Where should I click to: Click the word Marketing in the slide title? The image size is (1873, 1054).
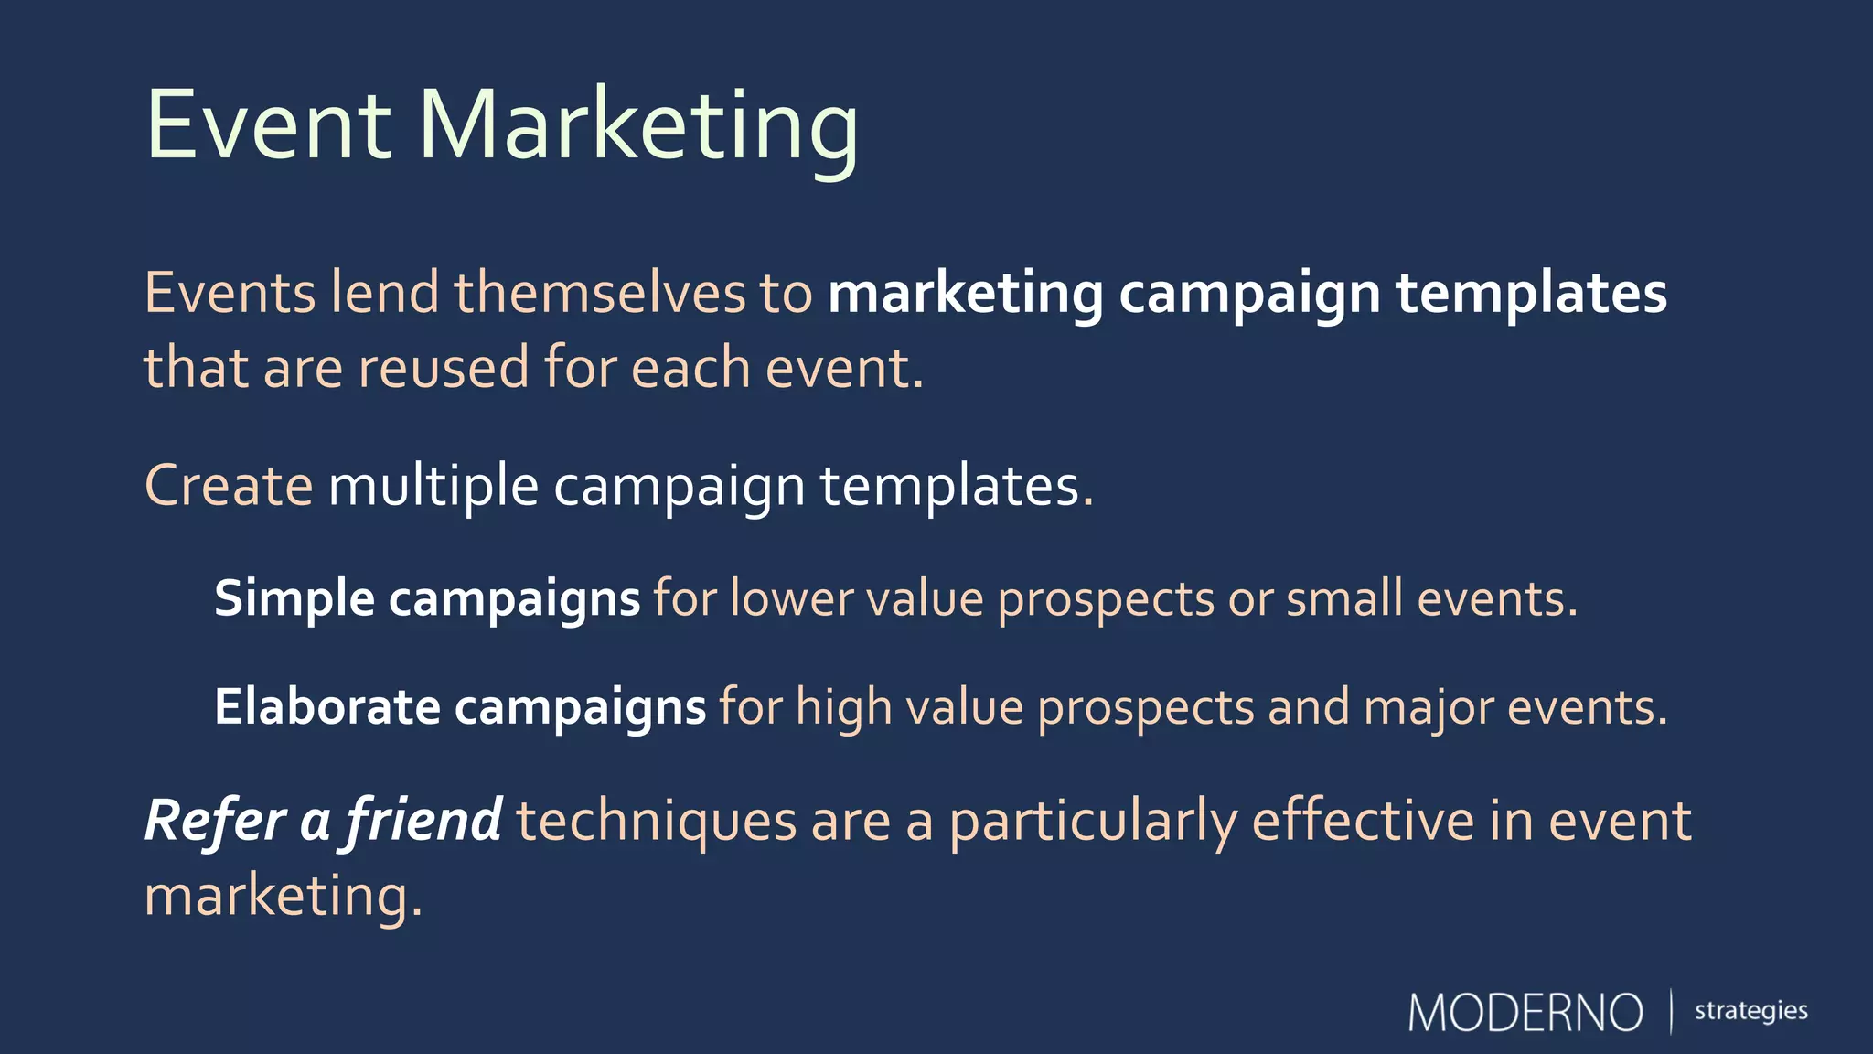(638, 125)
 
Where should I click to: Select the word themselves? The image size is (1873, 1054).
(600, 294)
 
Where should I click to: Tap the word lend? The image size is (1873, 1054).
(385, 294)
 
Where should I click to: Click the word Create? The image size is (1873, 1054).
(229, 485)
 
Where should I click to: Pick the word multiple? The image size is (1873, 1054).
(433, 485)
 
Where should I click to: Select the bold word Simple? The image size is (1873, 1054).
(294, 599)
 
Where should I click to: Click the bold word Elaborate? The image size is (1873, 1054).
(327, 707)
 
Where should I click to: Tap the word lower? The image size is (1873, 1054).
(791, 599)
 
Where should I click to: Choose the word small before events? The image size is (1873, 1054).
(1344, 599)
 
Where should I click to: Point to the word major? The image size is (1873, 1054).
(1429, 708)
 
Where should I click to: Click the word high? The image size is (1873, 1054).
(843, 708)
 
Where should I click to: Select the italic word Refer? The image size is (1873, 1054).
(215, 820)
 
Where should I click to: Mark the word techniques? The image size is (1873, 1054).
(657, 821)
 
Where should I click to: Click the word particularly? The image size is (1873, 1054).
(1092, 821)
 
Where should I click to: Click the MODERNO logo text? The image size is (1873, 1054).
(1525, 1013)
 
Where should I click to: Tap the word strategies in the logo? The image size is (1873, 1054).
(1750, 1011)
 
